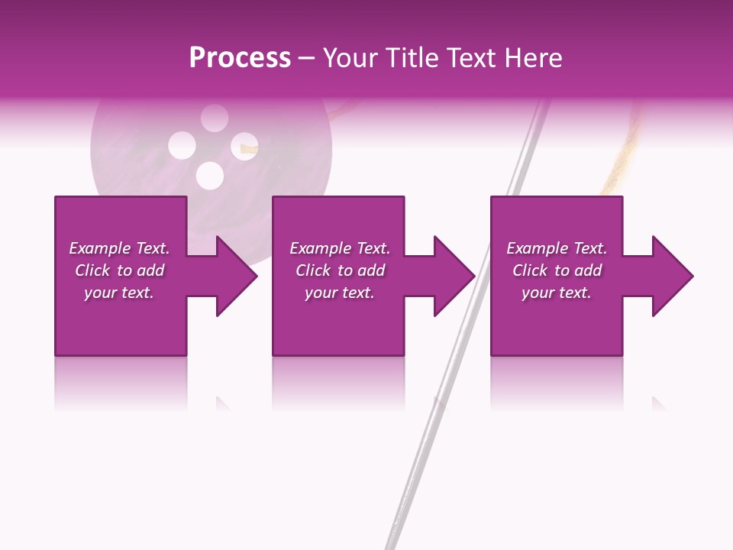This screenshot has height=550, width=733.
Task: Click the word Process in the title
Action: pos(240,58)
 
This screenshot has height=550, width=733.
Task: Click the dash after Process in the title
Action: pos(306,59)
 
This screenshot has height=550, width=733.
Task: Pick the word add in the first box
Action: pos(150,270)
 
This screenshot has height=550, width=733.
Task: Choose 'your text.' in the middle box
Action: pos(339,293)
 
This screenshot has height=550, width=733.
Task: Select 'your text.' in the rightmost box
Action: pos(556,293)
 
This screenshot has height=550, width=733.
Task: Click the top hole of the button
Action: pos(215,118)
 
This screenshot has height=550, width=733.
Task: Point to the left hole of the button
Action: pos(182,145)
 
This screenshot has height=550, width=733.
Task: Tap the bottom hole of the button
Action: pos(209,176)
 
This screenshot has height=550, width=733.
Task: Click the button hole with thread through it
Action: pos(244,146)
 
